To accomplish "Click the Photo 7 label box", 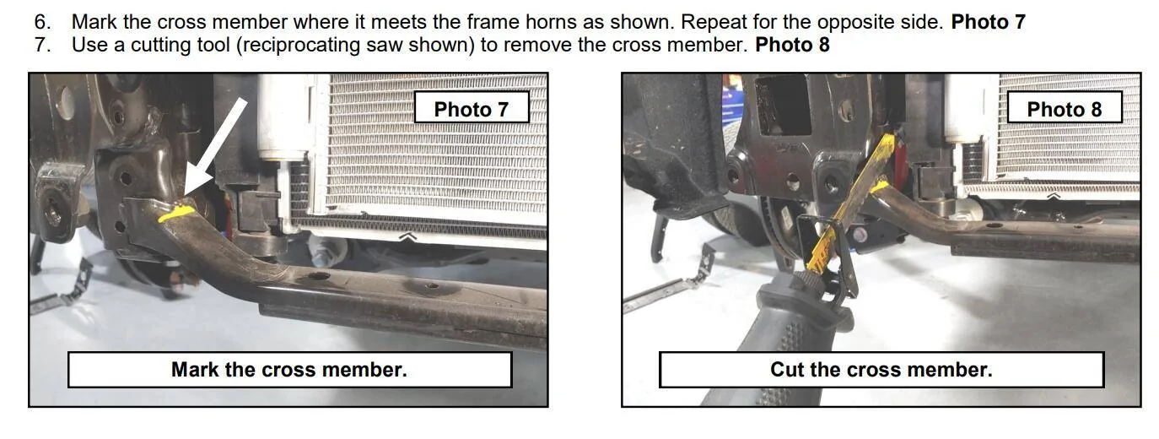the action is tap(472, 107).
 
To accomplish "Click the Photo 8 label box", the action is tap(1065, 107).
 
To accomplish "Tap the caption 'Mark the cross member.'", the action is tap(289, 370).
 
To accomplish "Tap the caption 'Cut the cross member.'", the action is tap(881, 370).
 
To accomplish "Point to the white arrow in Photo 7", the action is tap(215, 147).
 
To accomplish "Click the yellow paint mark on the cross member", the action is tap(176, 213).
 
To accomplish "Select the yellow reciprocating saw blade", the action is tap(854, 203).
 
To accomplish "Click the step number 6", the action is tap(42, 22).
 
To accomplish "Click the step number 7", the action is tap(42, 45).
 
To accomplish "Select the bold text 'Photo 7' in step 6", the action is tap(988, 22).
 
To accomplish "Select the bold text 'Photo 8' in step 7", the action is tap(792, 45).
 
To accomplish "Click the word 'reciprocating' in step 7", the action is tap(301, 46).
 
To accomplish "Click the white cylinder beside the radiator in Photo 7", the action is tap(283, 116).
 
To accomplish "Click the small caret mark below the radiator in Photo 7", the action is tap(407, 236).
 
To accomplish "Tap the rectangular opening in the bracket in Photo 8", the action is tap(782, 104).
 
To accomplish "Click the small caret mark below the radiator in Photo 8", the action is tap(1054, 196).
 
